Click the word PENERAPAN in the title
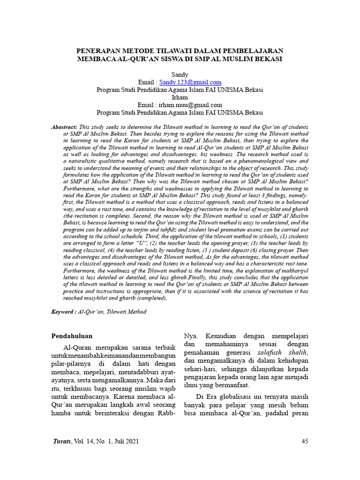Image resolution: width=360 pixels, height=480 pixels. click(97, 51)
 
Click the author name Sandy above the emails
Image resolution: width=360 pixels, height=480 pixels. click(180, 75)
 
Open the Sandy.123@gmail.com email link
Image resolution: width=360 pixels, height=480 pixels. click(190, 82)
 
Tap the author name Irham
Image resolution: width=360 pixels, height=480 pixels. click(180, 97)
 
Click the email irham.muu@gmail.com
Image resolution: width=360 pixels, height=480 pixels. click(191, 105)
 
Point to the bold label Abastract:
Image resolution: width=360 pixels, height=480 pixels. click(64, 127)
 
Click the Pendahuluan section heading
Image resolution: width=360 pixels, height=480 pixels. click(71, 336)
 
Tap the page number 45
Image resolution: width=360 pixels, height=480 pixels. click(305, 441)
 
